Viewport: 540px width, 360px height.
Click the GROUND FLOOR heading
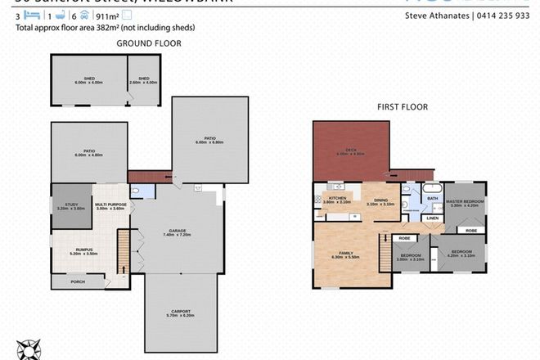(x=148, y=43)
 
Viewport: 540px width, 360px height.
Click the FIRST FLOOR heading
(x=403, y=106)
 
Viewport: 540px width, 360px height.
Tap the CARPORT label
(x=182, y=313)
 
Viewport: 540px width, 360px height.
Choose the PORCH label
(x=77, y=282)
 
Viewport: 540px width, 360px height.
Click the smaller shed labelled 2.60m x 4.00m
(x=143, y=80)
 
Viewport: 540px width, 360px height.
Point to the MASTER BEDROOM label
(x=463, y=203)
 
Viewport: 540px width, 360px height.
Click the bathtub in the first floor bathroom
(x=433, y=188)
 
